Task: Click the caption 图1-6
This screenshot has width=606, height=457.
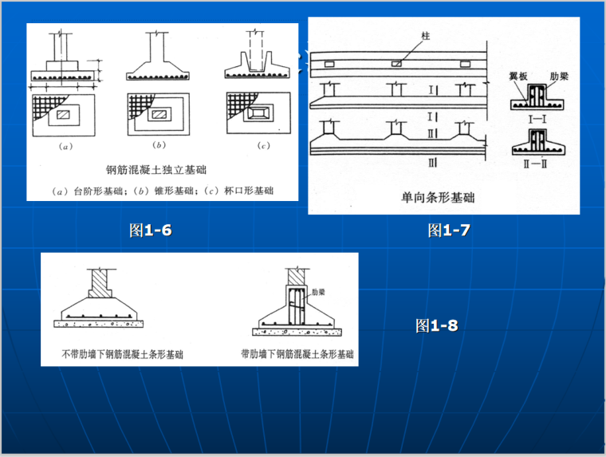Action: tap(151, 230)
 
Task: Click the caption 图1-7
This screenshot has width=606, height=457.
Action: tap(448, 230)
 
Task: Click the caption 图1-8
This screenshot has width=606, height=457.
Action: tap(436, 325)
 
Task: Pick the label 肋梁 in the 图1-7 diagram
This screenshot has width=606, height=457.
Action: tap(559, 75)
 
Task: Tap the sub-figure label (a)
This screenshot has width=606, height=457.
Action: tap(65, 147)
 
